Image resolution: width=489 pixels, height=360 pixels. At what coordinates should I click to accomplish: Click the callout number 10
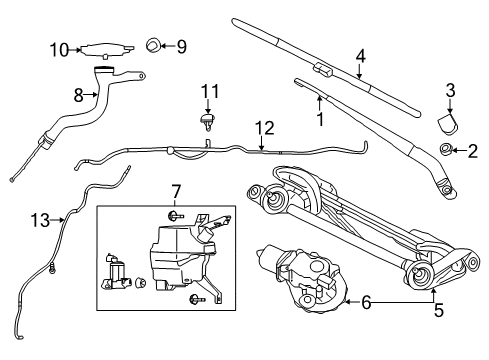coord(59,48)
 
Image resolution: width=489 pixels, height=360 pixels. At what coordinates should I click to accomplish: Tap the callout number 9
coord(181,45)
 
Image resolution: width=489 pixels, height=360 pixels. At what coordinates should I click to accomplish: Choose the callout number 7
coord(174,190)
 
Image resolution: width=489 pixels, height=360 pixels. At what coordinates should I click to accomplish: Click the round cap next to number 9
coord(154,45)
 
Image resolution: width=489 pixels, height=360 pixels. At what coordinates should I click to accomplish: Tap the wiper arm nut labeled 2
coord(445,151)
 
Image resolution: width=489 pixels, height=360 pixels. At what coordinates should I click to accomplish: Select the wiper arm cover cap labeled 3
coord(447,122)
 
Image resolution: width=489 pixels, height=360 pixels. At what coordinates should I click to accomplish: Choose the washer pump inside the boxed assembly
coord(117,275)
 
